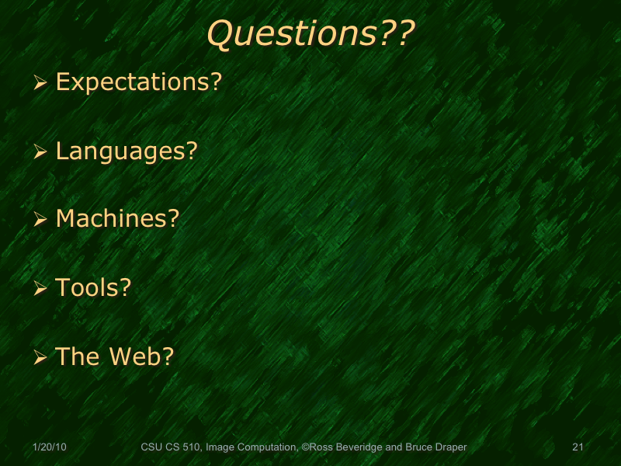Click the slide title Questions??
(x=310, y=34)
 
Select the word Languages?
(x=127, y=151)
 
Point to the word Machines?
(x=117, y=219)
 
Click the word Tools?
(x=93, y=287)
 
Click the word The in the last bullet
(x=76, y=356)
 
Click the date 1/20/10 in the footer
(x=50, y=447)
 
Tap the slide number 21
(x=577, y=447)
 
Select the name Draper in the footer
(x=451, y=447)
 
